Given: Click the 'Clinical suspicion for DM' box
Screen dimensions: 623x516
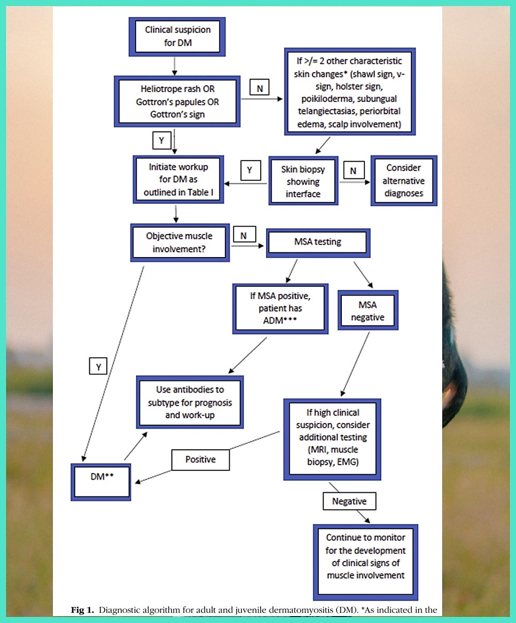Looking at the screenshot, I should click(177, 36).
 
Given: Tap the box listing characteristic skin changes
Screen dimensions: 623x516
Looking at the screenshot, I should click(349, 92).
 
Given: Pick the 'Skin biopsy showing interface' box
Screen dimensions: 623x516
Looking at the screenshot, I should click(303, 181).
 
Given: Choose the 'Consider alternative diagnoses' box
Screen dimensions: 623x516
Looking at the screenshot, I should click(403, 181).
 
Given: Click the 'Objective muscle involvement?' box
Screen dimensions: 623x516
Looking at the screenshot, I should click(179, 242).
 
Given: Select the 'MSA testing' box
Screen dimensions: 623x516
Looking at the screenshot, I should click(317, 242).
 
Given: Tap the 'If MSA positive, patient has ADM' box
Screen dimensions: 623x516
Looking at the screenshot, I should click(280, 309).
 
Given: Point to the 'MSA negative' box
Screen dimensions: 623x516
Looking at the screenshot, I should click(368, 310).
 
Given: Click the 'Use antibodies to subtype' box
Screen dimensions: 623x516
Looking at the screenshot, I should click(190, 402).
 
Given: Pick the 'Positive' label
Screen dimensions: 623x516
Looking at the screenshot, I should click(200, 460).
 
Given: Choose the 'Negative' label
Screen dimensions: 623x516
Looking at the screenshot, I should click(349, 501).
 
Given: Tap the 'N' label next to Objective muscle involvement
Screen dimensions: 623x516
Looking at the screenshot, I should click(244, 235).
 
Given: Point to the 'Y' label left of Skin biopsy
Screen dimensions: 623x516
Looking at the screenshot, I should click(249, 171).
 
